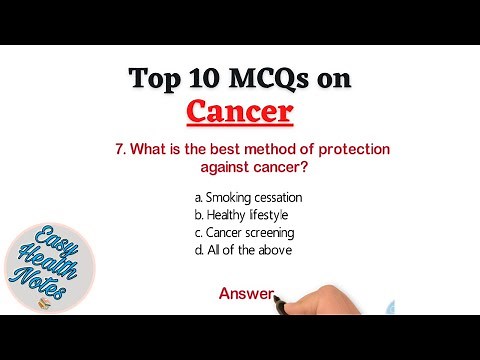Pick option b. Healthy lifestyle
pos(241,215)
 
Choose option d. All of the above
pos(242,250)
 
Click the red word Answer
pos(246,293)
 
